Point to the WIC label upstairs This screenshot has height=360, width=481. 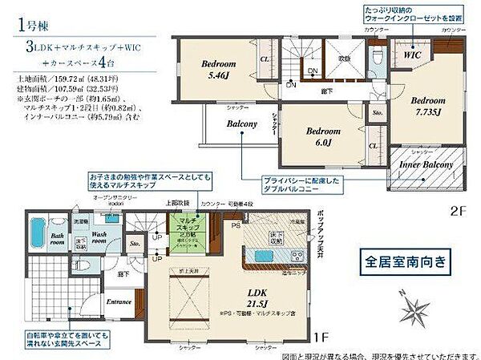[412, 55]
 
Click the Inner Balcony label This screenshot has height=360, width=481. [426, 164]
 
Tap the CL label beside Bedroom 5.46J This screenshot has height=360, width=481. [264, 59]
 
